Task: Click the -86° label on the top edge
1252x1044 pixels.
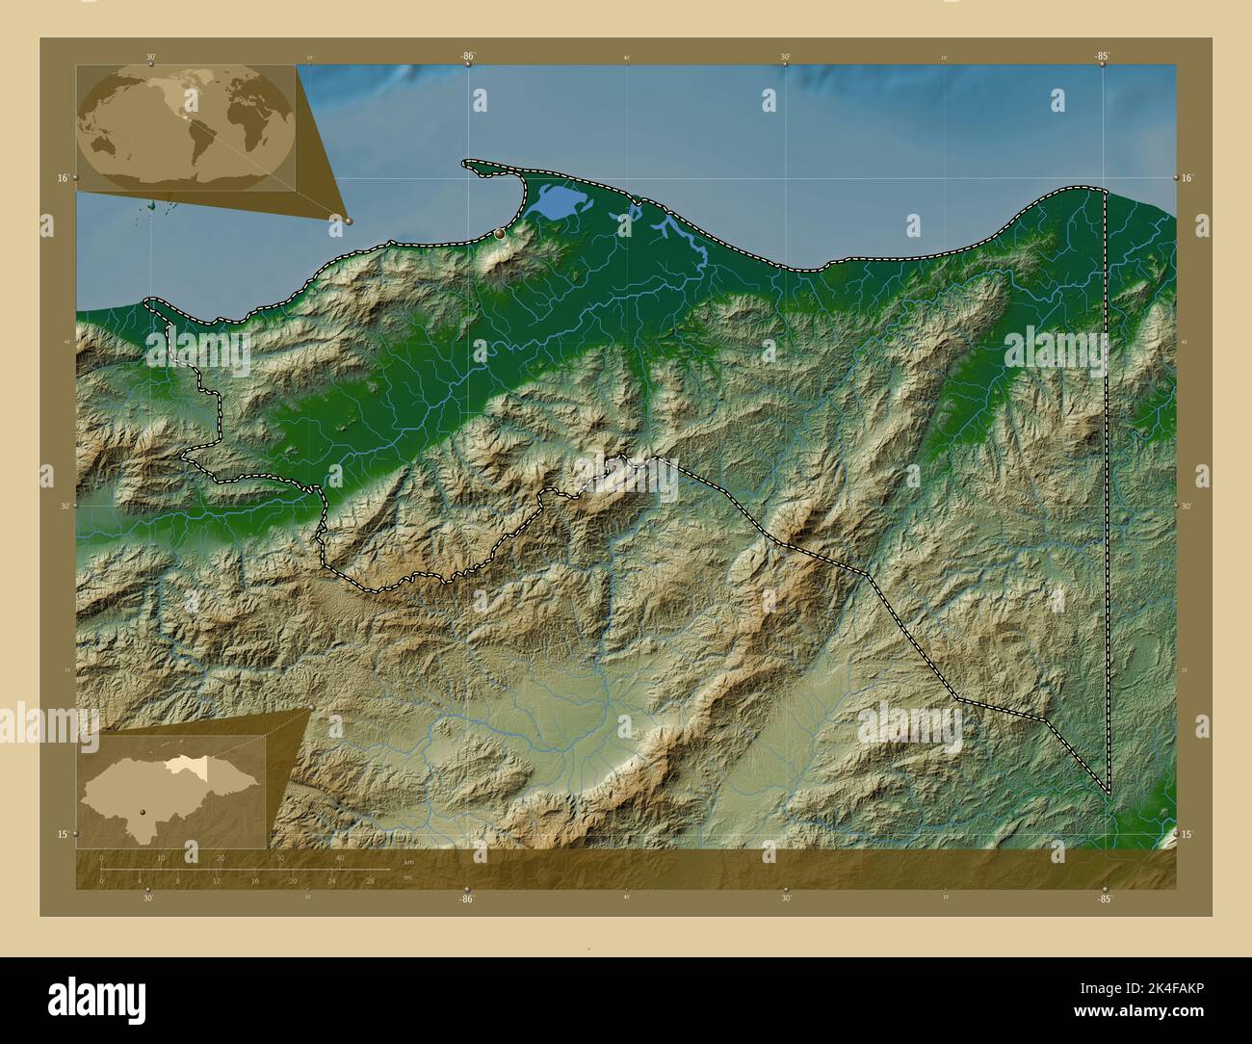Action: (468, 57)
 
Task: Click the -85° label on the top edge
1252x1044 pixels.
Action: (1103, 57)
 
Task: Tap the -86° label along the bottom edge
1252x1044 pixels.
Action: (468, 899)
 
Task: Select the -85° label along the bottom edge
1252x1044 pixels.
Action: (1104, 899)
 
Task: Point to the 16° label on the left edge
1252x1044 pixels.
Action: (62, 178)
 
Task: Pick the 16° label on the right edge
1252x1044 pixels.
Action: (1187, 178)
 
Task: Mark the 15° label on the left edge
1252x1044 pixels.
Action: (62, 834)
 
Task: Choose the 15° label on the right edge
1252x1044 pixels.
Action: (1187, 834)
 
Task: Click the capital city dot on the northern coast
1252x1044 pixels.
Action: (499, 234)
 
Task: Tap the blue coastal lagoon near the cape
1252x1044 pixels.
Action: (553, 202)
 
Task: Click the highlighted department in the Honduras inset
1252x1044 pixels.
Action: (183, 765)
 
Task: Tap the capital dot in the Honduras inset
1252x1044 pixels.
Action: (143, 812)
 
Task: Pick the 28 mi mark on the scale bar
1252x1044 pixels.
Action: (370, 880)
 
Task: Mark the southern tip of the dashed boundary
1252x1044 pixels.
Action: (1108, 794)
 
